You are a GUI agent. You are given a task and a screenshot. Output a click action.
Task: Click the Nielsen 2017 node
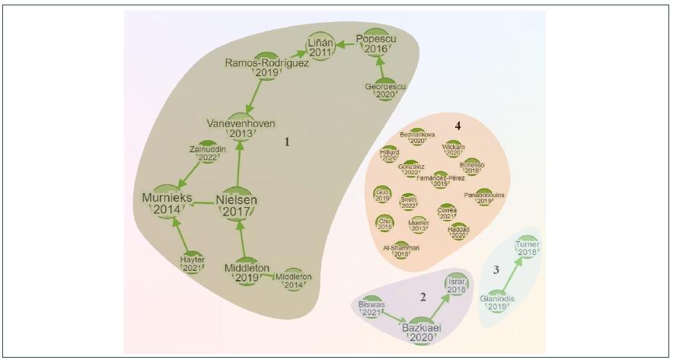pos(241,202)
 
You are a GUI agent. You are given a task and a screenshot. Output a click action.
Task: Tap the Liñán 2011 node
pos(318,48)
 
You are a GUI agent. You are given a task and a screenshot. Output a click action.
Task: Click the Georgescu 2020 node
pos(386,89)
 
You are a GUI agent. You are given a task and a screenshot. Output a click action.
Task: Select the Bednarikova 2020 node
pos(417,135)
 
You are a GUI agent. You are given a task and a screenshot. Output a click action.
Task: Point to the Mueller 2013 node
pos(418,224)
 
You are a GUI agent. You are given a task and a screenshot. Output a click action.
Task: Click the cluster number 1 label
pos(289,142)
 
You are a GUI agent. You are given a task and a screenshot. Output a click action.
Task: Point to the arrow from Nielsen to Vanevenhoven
pos(241,164)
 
